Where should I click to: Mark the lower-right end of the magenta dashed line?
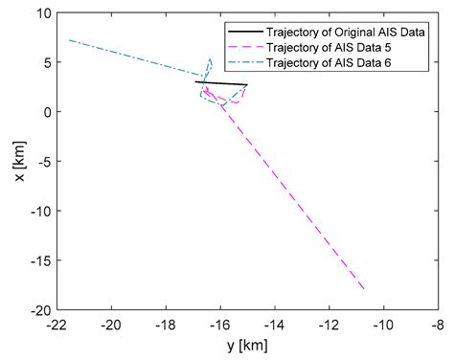pos(365,290)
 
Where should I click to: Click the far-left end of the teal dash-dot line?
pos(70,40)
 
